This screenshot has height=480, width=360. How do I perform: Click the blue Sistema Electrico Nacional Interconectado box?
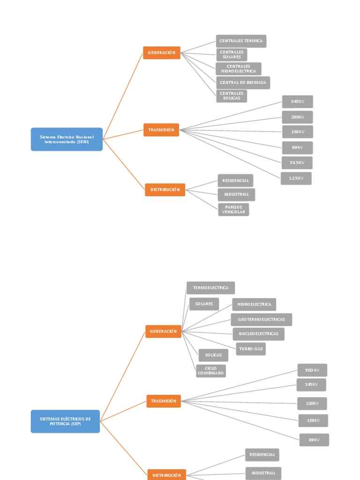click(67, 139)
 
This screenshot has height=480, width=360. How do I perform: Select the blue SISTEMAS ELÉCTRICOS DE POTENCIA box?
click(65, 421)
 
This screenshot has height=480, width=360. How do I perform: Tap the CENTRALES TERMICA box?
click(241, 41)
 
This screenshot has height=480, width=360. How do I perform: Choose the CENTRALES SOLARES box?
click(232, 54)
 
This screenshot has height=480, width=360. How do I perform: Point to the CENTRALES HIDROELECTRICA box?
click(239, 69)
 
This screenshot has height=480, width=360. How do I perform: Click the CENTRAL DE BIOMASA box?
click(243, 82)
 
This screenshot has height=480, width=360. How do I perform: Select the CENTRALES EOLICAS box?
click(232, 96)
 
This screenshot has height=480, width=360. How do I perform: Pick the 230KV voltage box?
click(297, 117)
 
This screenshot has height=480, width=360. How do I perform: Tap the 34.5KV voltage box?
click(297, 163)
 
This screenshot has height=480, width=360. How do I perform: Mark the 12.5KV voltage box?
click(296, 178)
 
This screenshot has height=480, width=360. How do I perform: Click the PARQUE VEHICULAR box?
click(233, 210)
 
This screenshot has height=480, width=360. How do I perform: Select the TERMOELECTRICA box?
click(210, 288)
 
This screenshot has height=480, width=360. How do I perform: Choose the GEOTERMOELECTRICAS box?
click(261, 320)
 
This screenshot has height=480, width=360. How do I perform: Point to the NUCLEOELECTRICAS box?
click(258, 334)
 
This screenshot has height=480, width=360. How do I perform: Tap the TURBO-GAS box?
click(251, 349)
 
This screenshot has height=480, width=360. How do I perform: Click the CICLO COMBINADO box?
click(211, 371)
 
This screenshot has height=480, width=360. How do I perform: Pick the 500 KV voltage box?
click(312, 370)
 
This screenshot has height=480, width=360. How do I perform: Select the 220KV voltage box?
click(312, 404)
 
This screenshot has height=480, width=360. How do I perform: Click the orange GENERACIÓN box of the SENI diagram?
click(162, 53)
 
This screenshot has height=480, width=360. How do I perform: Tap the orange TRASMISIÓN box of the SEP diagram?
click(164, 401)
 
